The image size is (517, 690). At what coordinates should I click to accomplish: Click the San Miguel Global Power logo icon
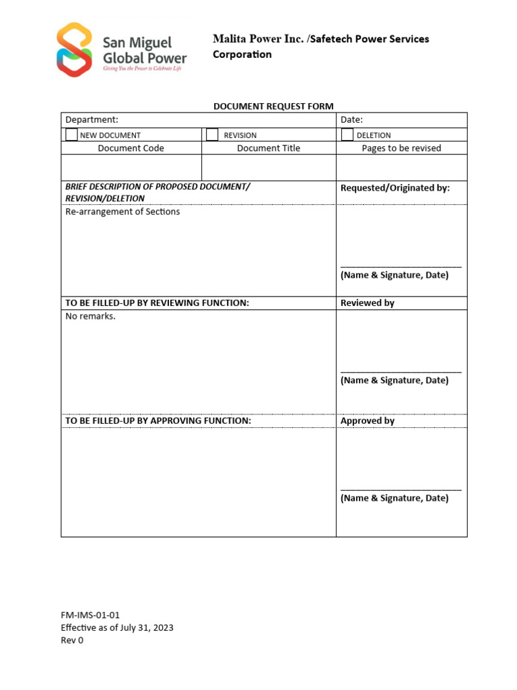(74, 50)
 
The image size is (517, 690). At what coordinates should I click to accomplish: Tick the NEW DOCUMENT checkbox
(71, 135)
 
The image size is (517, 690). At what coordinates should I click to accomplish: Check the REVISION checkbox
(212, 135)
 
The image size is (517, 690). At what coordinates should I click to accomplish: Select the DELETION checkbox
(347, 135)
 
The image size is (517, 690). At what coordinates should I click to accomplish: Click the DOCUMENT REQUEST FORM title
(273, 106)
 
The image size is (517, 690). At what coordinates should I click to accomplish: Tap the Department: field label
(92, 120)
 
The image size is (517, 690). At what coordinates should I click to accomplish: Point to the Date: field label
(351, 120)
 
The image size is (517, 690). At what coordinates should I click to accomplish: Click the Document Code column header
(131, 148)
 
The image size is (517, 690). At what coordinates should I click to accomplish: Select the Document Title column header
(269, 148)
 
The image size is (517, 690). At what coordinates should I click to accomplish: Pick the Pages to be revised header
(401, 148)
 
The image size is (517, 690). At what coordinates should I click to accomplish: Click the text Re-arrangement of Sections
(123, 212)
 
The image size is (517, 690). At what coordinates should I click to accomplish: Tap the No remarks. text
(90, 316)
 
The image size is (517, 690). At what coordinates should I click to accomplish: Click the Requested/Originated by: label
(395, 188)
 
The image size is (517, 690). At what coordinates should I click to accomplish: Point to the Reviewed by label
(368, 303)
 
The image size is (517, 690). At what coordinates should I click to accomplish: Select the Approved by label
(368, 421)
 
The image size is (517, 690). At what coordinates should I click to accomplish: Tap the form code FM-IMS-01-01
(90, 615)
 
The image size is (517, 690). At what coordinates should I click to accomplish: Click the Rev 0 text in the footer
(73, 640)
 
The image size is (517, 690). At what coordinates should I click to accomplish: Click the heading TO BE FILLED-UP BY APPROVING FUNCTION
(158, 421)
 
